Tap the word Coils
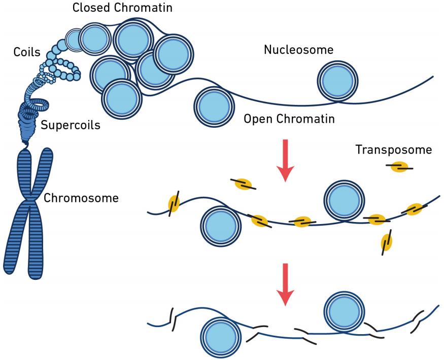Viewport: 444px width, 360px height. pos(27,52)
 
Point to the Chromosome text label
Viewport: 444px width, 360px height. pos(81,198)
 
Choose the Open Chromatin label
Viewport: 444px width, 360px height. pos(289,119)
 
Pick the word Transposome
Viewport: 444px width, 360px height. pos(393,150)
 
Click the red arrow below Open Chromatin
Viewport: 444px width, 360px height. pos(286,159)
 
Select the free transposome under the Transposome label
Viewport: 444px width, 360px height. pos(399,166)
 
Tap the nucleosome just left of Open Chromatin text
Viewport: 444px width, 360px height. pos(214,107)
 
